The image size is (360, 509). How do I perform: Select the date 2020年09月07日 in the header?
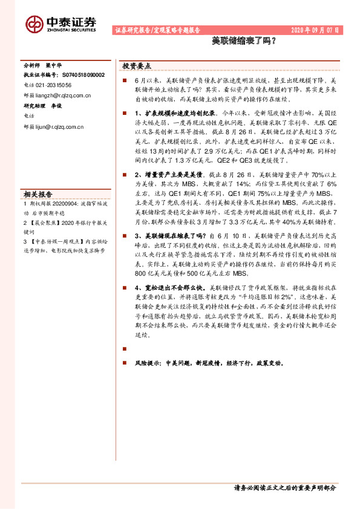(315, 30)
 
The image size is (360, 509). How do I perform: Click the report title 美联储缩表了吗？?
(244, 42)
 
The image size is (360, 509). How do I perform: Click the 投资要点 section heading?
(137, 66)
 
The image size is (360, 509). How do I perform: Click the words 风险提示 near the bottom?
(148, 363)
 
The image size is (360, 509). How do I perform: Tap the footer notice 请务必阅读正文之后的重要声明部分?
(284, 488)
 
